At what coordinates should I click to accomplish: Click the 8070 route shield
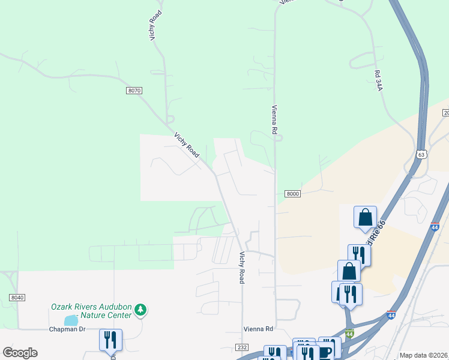coord(134,91)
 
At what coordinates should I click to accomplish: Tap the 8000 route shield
coord(292,193)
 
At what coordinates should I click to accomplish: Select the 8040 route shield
coord(17,298)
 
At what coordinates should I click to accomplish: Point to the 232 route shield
coord(242,347)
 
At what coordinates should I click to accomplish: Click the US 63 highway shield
coord(421,154)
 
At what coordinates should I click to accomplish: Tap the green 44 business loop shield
coord(349,333)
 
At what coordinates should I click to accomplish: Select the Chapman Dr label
coord(67,329)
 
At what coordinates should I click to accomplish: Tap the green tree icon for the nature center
coord(140,310)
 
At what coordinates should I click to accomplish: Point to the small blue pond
coord(71,320)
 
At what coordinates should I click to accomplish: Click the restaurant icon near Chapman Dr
coord(110,340)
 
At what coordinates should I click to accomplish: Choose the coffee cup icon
coord(325,352)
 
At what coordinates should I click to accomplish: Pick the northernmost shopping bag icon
coord(365,217)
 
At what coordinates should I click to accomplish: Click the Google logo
coord(20,353)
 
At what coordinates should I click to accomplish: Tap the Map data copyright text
coord(423,356)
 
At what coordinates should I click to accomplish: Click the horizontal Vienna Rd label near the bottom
coord(258,329)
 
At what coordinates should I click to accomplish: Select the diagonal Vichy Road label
coord(187,145)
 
